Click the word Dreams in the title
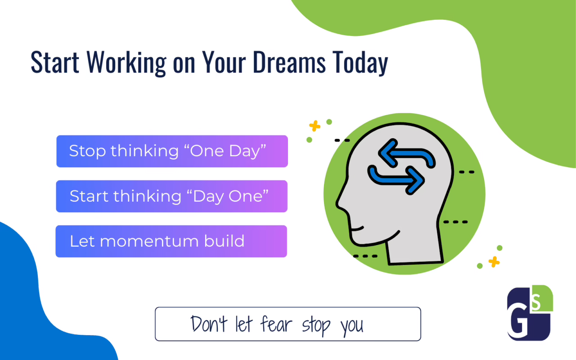(x=289, y=62)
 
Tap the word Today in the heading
(x=360, y=63)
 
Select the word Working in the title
(x=126, y=63)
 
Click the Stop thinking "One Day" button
(x=172, y=151)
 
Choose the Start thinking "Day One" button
(x=172, y=196)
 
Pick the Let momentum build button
(x=171, y=241)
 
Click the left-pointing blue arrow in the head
(x=406, y=154)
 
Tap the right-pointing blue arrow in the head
(x=396, y=180)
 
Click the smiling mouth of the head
(x=357, y=228)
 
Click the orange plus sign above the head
(x=315, y=126)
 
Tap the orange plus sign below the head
(x=494, y=262)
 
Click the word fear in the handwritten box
(x=276, y=324)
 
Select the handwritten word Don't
(x=209, y=324)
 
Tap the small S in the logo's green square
(x=536, y=302)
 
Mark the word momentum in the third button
(x=149, y=242)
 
